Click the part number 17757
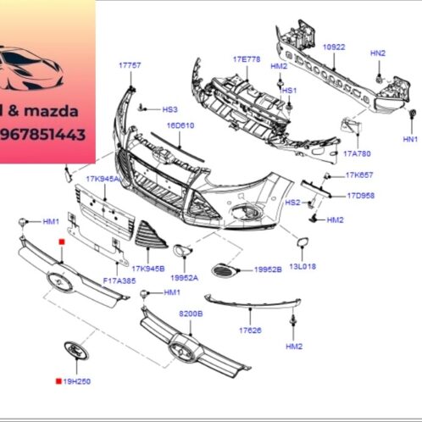[x=130, y=64]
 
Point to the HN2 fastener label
[x=378, y=53]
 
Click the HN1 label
[x=410, y=138]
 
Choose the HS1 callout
[x=289, y=91]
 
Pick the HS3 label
[x=169, y=109]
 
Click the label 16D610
[x=180, y=125]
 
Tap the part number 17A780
[x=357, y=153]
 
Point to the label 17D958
[x=359, y=196]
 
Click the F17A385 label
[x=119, y=280]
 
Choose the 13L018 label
[x=302, y=266]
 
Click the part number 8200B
[x=191, y=314]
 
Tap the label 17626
[x=249, y=330]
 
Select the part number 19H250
[x=76, y=381]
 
